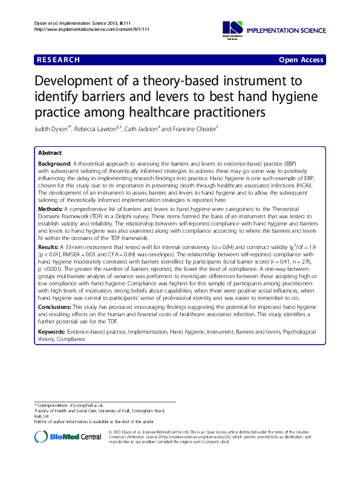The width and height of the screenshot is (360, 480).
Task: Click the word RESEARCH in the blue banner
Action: coord(59,60)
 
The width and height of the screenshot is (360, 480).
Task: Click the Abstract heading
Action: coord(50,153)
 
